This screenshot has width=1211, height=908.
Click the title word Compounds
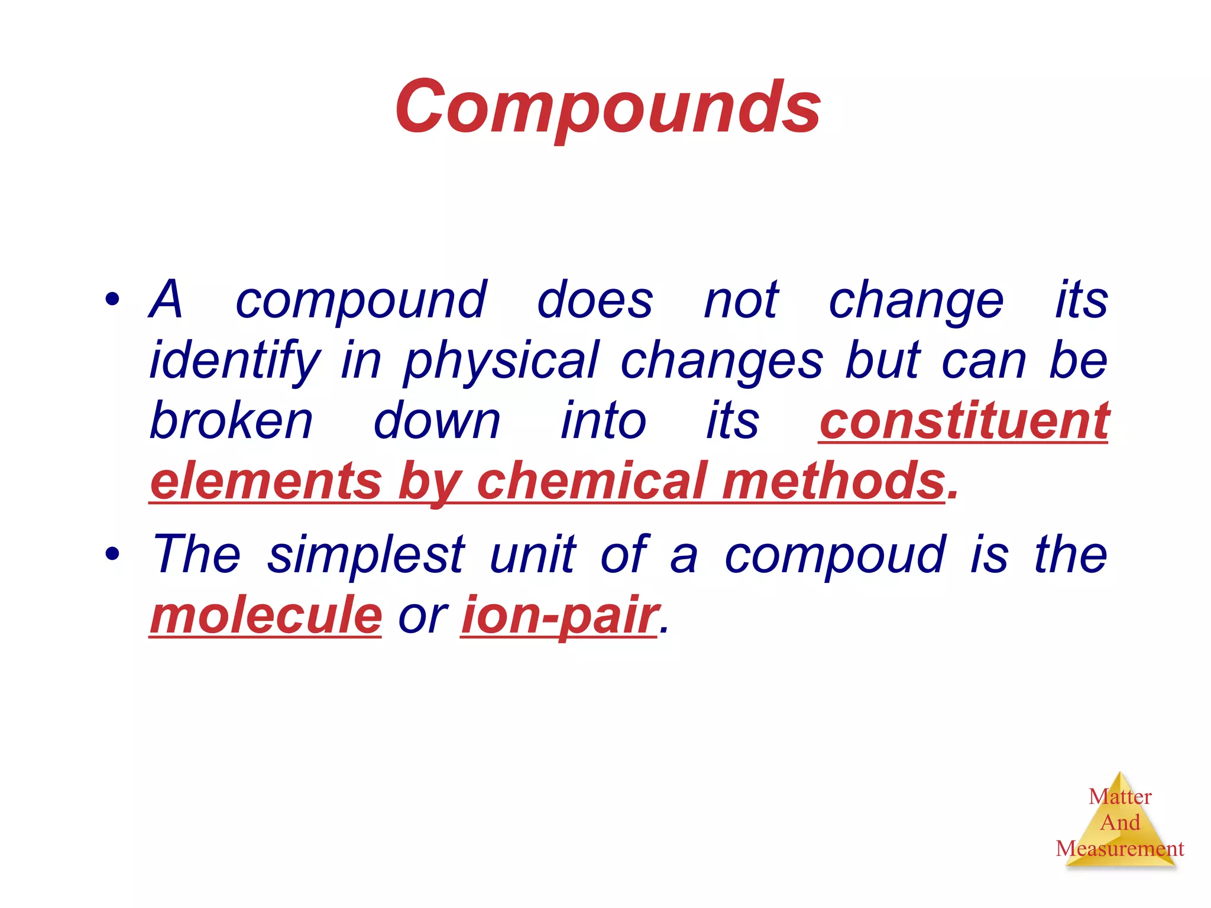(608, 108)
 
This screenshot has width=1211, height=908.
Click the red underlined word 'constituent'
(963, 421)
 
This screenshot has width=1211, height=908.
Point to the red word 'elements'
(265, 481)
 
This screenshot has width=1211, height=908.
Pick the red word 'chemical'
(591, 481)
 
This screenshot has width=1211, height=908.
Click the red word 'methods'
(834, 481)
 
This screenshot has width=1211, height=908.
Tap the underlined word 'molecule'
(266, 615)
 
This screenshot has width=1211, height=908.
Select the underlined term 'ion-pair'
(559, 615)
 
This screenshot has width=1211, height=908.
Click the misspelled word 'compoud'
(835, 556)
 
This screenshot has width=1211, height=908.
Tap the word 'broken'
(231, 421)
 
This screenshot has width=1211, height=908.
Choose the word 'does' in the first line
(595, 300)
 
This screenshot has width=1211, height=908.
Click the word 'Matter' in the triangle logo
(1120, 797)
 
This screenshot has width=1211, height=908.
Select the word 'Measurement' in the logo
(1119, 849)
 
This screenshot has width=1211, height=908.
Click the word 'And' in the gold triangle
(1120, 823)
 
